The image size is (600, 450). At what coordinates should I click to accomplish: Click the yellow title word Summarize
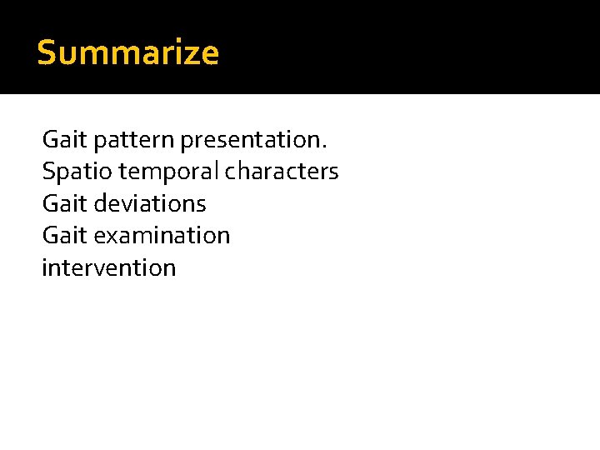click(x=128, y=53)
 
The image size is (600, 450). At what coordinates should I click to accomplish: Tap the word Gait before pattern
click(x=64, y=138)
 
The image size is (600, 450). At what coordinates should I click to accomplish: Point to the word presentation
click(x=251, y=139)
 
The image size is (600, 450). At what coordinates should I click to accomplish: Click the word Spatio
click(x=77, y=172)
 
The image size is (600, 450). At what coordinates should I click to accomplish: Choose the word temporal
click(x=169, y=172)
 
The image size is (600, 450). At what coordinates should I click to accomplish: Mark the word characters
click(x=282, y=171)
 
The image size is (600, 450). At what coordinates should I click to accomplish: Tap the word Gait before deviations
click(x=64, y=203)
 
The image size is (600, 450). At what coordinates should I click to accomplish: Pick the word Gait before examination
click(x=64, y=236)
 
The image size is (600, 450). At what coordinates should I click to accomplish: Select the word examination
click(x=162, y=236)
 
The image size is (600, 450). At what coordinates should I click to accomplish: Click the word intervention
click(x=109, y=268)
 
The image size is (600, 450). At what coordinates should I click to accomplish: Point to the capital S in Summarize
click(x=47, y=53)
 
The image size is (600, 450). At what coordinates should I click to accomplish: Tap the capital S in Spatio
click(x=47, y=171)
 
